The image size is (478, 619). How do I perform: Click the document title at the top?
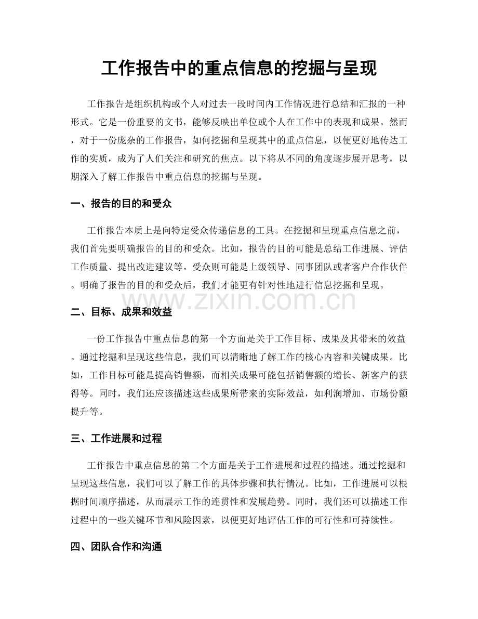(x=238, y=68)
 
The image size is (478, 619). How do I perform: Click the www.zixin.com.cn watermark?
(x=238, y=300)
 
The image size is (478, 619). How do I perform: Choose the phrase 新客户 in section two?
(x=365, y=374)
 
